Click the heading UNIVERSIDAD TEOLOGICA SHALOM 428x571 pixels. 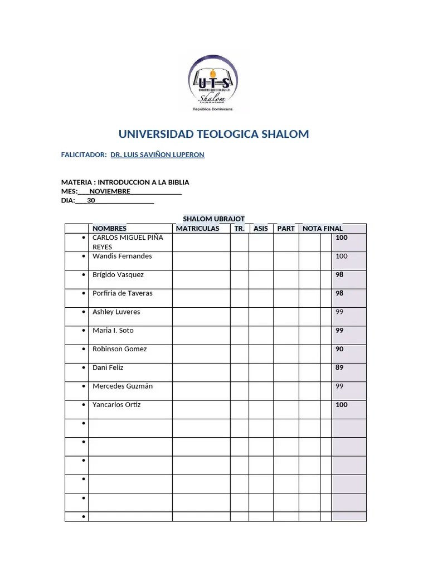click(x=213, y=134)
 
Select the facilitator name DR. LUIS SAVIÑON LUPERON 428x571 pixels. click(x=158, y=154)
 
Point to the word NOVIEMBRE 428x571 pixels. click(x=106, y=191)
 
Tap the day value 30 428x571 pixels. click(x=91, y=201)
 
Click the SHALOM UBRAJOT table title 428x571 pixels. click(x=213, y=219)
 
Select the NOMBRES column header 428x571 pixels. click(x=110, y=229)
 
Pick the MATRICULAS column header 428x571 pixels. click(x=197, y=229)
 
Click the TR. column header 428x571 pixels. click(x=240, y=229)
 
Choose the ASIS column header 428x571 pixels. click(x=261, y=229)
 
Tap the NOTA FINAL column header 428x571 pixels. click(x=323, y=229)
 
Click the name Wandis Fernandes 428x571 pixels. click(x=122, y=257)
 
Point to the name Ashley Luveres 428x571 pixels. click(x=116, y=312)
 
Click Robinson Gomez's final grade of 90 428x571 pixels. click(x=340, y=349)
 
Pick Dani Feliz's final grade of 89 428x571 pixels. click(x=340, y=367)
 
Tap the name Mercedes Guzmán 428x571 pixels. click(x=123, y=386)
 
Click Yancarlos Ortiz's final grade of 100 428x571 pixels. click(x=342, y=405)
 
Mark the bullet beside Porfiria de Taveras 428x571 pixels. click(x=83, y=293)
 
